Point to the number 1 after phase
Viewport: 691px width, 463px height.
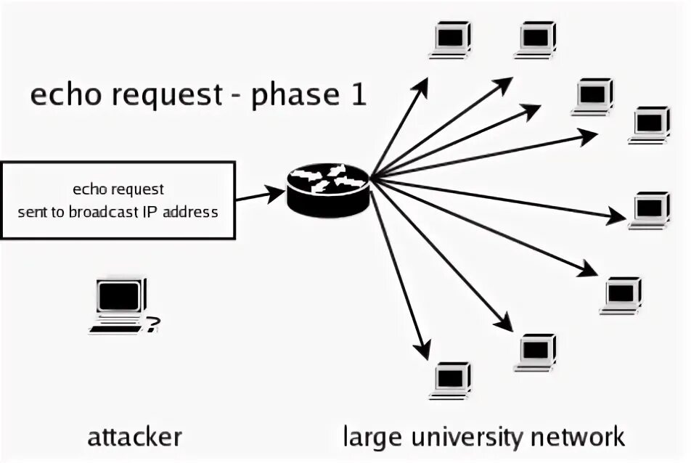[x=359, y=95]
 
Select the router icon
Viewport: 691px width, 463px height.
[x=327, y=188]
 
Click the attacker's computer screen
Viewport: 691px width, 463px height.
[x=118, y=297]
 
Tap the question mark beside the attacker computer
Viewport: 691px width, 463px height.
[x=152, y=324]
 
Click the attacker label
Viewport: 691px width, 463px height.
[x=134, y=437]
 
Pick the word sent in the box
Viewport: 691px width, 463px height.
[x=30, y=213]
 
